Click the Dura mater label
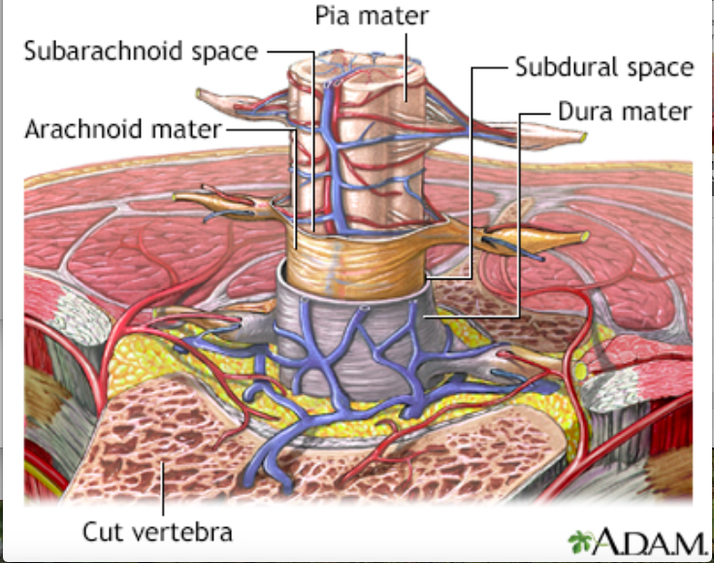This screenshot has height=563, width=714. [624, 112]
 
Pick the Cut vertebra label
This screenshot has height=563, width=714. [157, 531]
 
